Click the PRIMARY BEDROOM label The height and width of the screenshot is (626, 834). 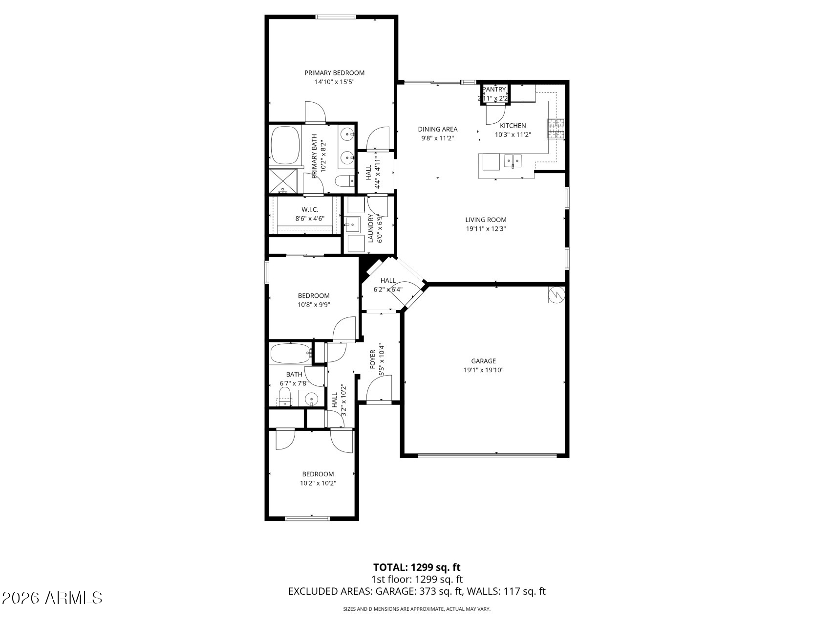coord(334,73)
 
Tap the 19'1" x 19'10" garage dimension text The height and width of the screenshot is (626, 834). coord(483,370)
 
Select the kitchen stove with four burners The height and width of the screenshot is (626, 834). coord(556,129)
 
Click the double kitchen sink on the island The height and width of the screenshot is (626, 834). coord(513,160)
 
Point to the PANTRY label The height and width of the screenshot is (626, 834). coord(494,89)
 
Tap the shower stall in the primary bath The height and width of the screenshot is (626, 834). coord(284,181)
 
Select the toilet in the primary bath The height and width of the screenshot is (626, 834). coord(344,181)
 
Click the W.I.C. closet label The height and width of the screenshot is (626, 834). coord(310,210)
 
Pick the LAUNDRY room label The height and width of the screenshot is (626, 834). coord(371,228)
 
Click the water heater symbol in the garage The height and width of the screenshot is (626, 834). coord(556,294)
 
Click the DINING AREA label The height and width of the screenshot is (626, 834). coord(437,130)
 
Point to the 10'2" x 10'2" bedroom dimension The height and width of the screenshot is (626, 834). coord(318,483)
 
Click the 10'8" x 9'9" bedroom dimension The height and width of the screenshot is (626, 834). coord(314,305)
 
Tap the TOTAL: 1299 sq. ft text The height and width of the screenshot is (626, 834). coord(417,567)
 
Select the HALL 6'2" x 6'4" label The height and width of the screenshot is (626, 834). coord(388,281)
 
